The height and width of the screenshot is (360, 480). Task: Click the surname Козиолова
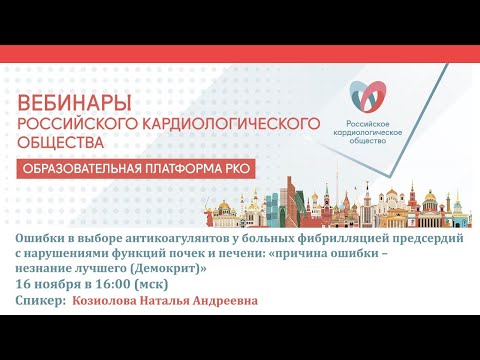[107, 299]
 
